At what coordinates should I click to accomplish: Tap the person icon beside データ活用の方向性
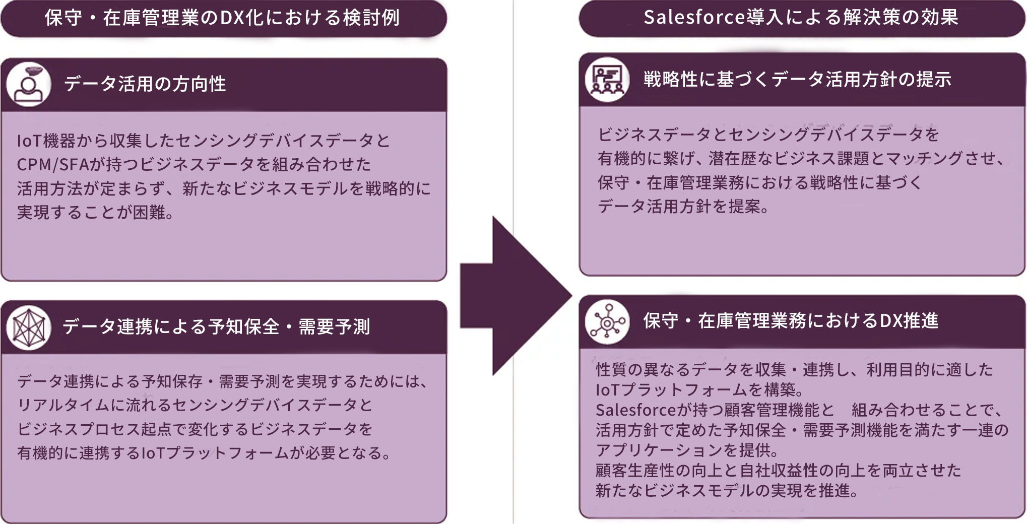tap(29, 84)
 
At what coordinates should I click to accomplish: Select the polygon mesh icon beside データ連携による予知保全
tap(29, 327)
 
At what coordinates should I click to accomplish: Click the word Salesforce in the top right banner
tap(694, 18)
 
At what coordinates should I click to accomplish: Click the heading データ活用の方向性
tap(145, 84)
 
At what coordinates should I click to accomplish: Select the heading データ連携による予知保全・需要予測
tap(217, 326)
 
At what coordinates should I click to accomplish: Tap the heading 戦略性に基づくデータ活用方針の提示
tap(797, 79)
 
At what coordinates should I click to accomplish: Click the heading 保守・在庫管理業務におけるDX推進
tap(791, 320)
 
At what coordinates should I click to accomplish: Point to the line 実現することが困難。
tap(96, 212)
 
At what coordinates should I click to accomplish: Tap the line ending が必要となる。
tap(205, 452)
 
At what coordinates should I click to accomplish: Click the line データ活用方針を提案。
tap(683, 206)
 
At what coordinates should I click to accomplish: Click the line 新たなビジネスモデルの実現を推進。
tap(727, 490)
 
